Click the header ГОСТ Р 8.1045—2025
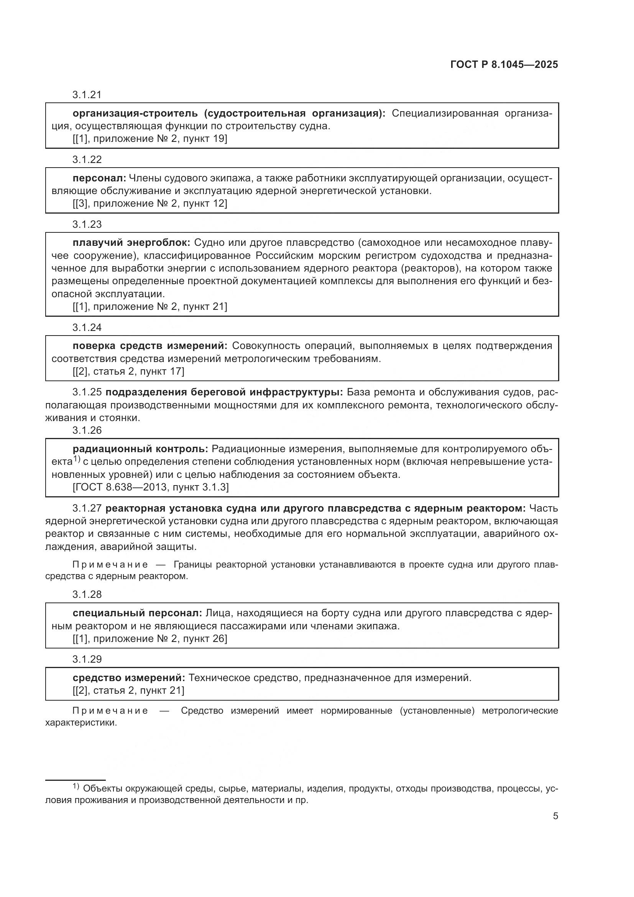pyautogui.click(x=504, y=64)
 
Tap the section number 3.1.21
pyautogui.click(x=87, y=95)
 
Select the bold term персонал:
pyautogui.click(x=99, y=178)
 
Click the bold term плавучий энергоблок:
pyautogui.click(x=131, y=243)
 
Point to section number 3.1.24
pyautogui.click(x=87, y=328)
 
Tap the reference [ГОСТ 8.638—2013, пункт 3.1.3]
pyautogui.click(x=150, y=487)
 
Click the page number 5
pyautogui.click(x=555, y=816)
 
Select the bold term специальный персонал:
pyautogui.click(x=137, y=613)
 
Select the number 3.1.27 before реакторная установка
pyautogui.click(x=87, y=508)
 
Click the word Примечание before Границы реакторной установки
pyautogui.click(x=110, y=565)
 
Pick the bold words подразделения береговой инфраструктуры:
pyautogui.click(x=224, y=392)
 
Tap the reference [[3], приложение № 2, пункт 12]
pyautogui.click(x=149, y=204)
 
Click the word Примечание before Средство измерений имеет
pyautogui.click(x=110, y=711)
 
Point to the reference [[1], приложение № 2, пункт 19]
pyautogui.click(x=149, y=139)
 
